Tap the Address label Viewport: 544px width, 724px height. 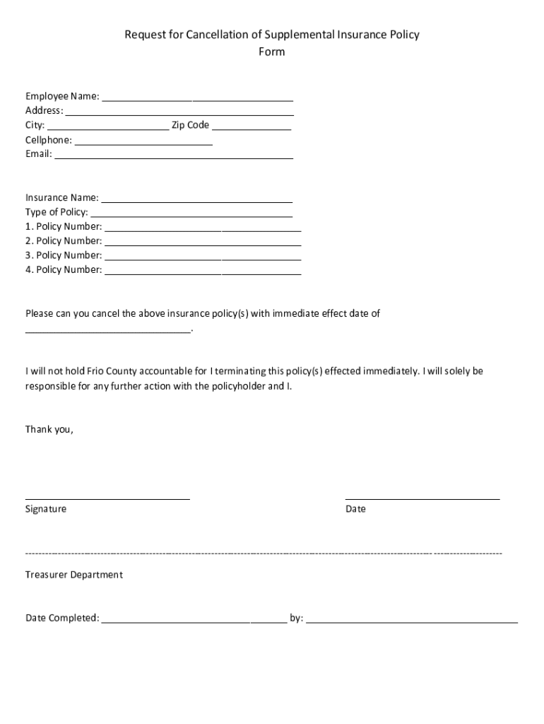44,110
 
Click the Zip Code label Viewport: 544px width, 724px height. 191,125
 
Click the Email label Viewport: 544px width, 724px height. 39,154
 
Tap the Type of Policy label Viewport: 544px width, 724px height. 57,212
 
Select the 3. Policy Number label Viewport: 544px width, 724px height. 64,255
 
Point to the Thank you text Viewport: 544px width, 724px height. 49,429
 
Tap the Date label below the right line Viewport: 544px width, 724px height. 355,509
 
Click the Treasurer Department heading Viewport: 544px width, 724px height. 74,575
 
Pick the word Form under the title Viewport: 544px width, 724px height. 272,52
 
